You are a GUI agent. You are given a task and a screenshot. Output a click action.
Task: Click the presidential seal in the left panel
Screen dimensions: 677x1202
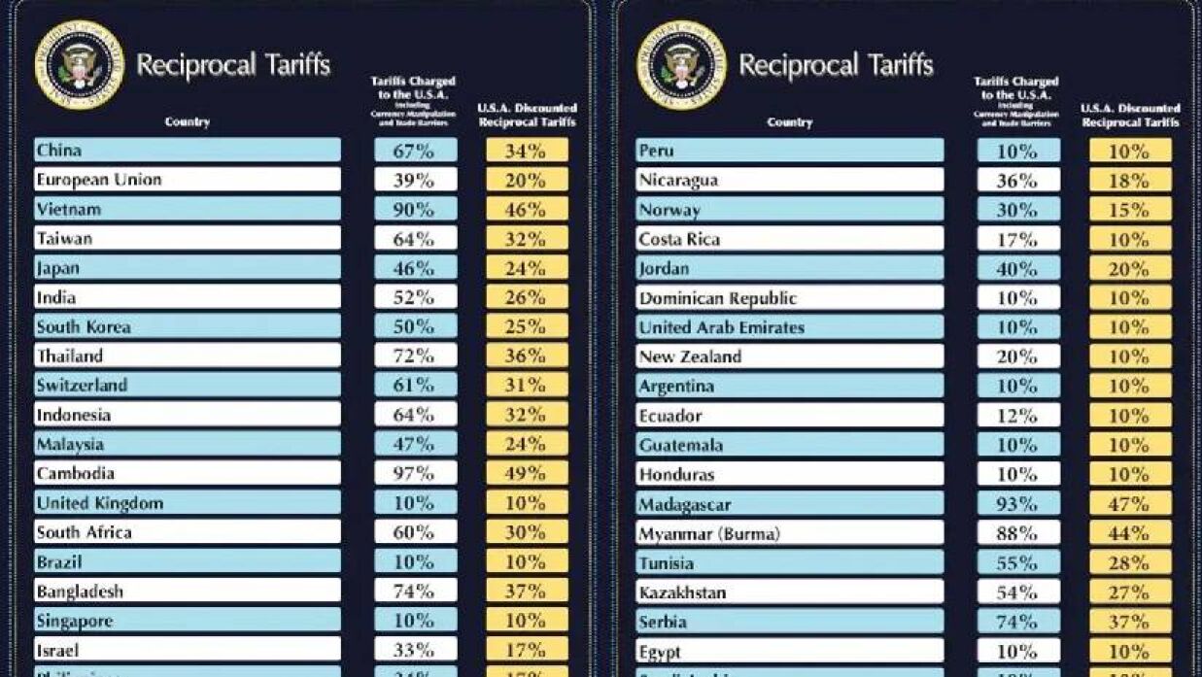[x=79, y=65]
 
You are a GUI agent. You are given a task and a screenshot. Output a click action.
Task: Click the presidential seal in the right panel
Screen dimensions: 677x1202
[x=681, y=65]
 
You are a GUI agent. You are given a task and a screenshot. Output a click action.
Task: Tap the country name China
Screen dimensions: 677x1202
[x=59, y=151]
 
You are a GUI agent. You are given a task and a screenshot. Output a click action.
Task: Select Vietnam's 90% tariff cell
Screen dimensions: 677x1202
[x=415, y=209]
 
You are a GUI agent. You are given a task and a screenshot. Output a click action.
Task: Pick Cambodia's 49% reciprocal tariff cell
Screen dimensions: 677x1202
[x=527, y=473]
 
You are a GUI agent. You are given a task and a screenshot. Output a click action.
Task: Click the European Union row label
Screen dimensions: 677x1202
[x=99, y=180]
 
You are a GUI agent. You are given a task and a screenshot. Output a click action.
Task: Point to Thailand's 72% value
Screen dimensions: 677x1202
[x=415, y=355]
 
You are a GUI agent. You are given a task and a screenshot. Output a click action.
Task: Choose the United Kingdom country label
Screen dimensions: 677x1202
[x=100, y=503]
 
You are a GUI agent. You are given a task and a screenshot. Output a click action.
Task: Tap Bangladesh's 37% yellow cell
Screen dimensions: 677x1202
[x=527, y=591]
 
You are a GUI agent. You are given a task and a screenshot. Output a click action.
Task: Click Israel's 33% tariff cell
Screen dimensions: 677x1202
[x=415, y=650]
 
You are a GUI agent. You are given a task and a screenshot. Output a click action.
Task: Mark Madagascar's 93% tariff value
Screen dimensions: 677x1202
[x=1017, y=505]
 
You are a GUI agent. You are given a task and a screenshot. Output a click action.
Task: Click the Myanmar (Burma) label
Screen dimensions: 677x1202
[x=709, y=534]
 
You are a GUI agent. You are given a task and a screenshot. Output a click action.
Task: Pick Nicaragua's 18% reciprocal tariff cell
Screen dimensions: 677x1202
[x=1129, y=181]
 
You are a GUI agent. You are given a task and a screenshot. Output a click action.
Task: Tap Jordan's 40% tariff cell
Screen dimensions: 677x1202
[x=1017, y=268]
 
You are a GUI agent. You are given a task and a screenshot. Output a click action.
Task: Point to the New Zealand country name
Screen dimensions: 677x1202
[x=690, y=356]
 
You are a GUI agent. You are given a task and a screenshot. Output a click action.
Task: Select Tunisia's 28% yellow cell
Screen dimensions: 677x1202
[x=1129, y=563]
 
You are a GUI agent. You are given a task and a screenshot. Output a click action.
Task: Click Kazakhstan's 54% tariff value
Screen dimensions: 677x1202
[x=1017, y=592]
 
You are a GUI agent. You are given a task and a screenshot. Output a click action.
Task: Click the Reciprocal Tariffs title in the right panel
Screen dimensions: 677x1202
[x=836, y=65]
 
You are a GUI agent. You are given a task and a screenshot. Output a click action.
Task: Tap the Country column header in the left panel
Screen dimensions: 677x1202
[x=188, y=122]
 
